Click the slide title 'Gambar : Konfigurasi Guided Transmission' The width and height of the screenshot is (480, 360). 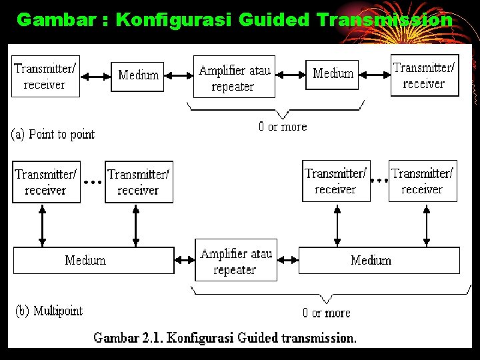click(x=234, y=20)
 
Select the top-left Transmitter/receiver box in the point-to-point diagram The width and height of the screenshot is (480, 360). click(x=45, y=76)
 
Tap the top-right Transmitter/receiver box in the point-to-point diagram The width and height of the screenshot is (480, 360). click(x=424, y=75)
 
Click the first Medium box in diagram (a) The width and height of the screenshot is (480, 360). click(x=138, y=75)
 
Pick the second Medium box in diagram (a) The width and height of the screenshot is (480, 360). click(x=332, y=74)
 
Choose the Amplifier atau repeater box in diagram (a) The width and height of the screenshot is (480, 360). click(x=234, y=77)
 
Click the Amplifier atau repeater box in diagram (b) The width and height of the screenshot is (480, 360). click(x=235, y=261)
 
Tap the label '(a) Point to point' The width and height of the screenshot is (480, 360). click(x=53, y=134)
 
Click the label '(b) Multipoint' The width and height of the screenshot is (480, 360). click(x=49, y=311)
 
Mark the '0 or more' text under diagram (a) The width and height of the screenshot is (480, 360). click(x=283, y=127)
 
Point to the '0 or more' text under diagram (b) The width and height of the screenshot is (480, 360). click(x=326, y=313)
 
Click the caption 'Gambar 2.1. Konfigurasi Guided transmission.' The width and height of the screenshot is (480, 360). click(x=225, y=337)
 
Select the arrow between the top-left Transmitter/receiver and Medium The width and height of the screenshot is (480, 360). click(x=95, y=77)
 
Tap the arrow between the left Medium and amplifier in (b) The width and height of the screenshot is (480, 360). click(x=185, y=260)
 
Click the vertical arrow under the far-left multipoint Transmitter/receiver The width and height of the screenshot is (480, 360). click(x=43, y=225)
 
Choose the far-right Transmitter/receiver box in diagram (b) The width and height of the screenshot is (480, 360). click(x=423, y=181)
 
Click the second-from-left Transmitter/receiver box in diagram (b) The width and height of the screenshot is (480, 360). click(x=139, y=182)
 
